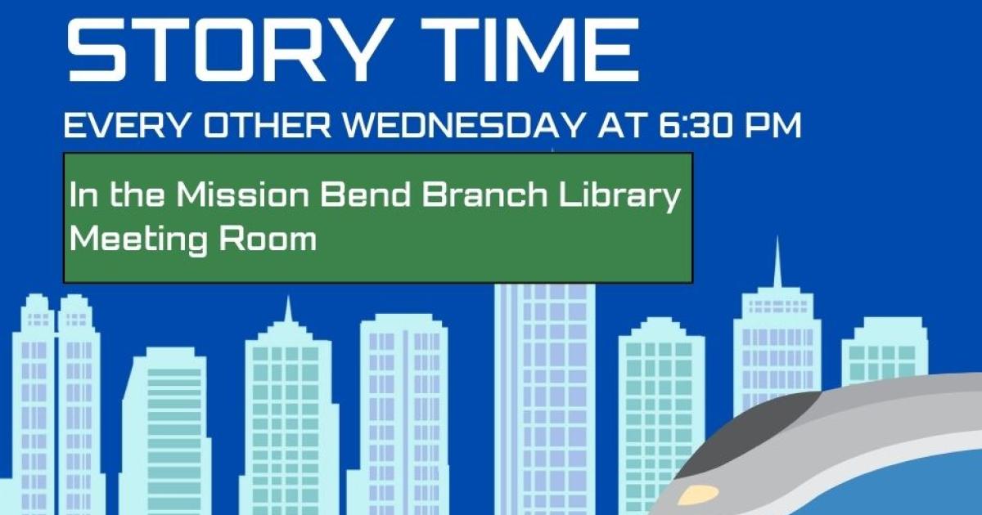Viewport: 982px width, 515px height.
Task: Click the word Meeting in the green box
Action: tap(138, 241)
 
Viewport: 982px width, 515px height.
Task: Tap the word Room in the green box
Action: tap(268, 240)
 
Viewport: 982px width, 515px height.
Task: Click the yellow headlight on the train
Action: tap(698, 495)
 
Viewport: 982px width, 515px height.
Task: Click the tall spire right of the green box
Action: tap(777, 262)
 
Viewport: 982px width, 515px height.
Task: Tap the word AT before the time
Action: tap(621, 126)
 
